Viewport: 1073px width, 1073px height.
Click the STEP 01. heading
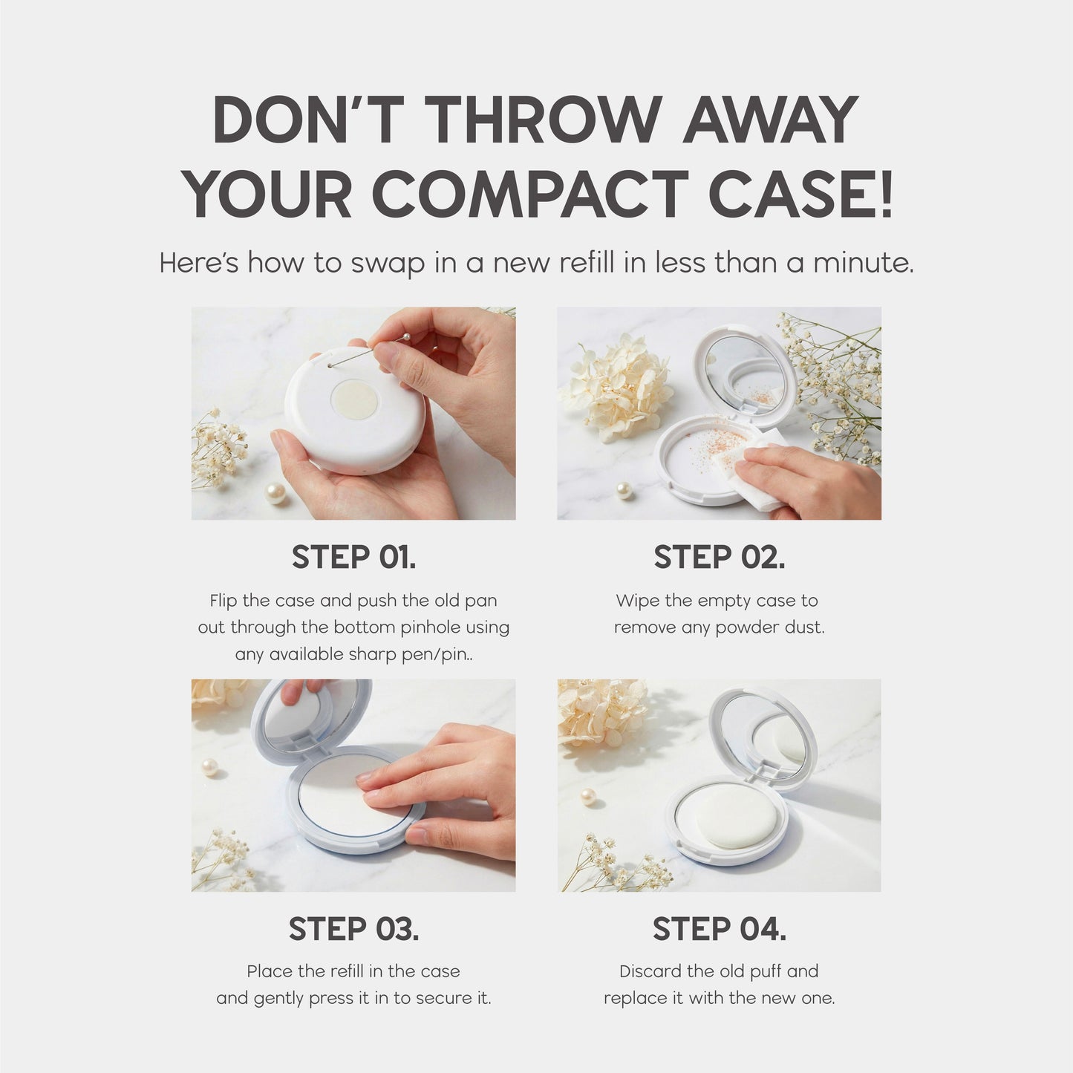(x=353, y=557)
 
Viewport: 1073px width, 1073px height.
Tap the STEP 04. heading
(x=719, y=929)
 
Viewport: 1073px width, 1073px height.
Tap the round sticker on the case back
(x=354, y=399)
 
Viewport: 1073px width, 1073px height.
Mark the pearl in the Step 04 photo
(x=590, y=798)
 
